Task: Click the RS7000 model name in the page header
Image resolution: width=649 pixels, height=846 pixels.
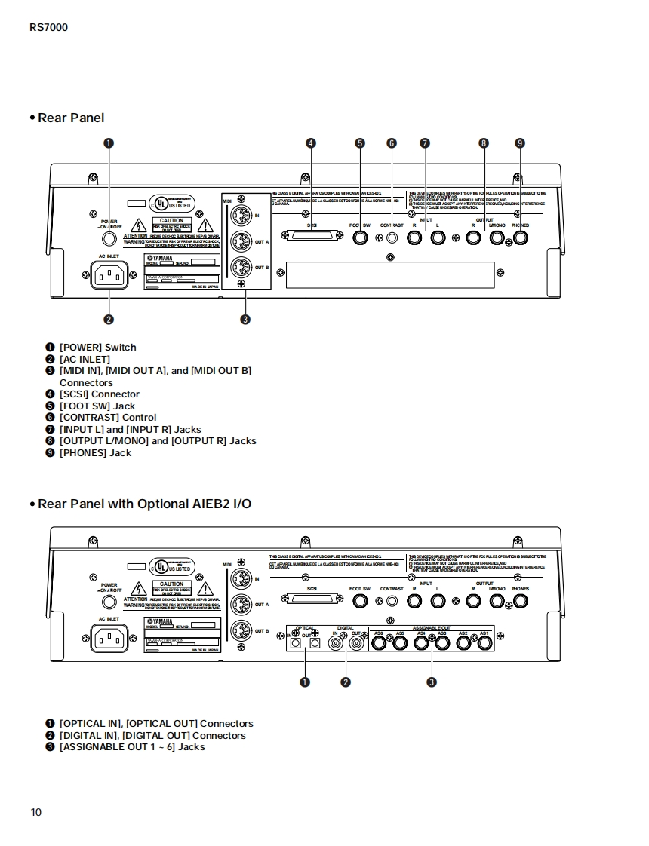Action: [x=49, y=28]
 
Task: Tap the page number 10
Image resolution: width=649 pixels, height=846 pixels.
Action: [x=36, y=812]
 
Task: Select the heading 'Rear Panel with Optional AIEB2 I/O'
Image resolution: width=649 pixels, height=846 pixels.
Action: [x=144, y=504]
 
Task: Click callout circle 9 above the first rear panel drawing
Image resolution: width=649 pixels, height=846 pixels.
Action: [x=519, y=143]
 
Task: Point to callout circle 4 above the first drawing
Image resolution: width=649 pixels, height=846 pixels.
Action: [x=310, y=143]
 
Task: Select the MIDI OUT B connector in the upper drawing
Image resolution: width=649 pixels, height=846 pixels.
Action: [x=241, y=268]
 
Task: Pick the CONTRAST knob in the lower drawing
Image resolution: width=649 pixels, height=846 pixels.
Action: [x=392, y=602]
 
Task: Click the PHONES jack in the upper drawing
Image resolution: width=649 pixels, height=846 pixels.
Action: [x=519, y=238]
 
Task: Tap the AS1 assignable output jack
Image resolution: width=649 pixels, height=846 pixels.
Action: [x=484, y=643]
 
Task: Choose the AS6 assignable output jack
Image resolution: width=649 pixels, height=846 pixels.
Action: [x=378, y=643]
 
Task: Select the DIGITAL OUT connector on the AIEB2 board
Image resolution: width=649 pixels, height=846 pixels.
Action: [x=355, y=643]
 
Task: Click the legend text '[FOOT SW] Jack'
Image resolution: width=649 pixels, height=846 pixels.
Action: [x=97, y=406]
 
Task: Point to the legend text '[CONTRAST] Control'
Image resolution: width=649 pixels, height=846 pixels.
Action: [x=108, y=417]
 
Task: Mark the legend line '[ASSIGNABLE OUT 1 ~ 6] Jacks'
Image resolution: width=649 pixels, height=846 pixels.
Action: [x=132, y=746]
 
